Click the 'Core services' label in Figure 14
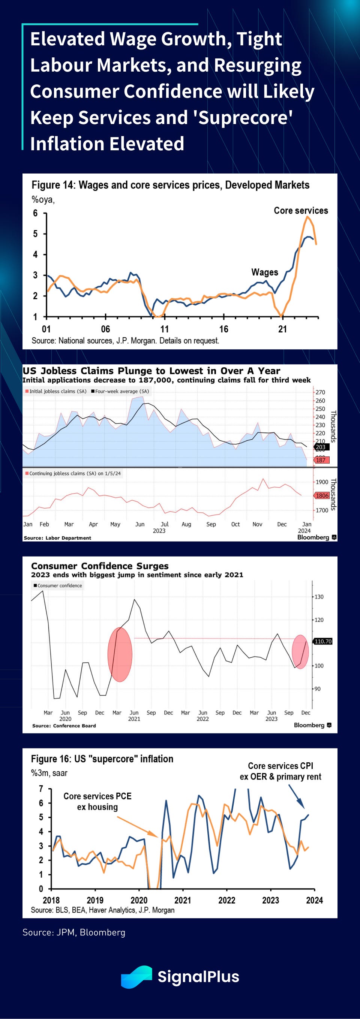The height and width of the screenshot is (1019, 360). (x=301, y=211)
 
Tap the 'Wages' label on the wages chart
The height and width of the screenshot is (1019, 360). (x=265, y=272)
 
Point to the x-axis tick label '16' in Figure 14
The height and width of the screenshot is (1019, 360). (x=223, y=329)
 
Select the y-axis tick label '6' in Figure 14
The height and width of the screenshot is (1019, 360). (x=35, y=213)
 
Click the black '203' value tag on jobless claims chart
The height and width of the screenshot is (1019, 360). (x=321, y=447)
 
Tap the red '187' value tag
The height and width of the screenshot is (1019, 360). (x=321, y=460)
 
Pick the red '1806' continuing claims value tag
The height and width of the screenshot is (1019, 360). (x=322, y=495)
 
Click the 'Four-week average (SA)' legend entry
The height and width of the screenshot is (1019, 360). (x=120, y=391)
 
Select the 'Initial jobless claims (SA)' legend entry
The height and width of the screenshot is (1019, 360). (x=56, y=391)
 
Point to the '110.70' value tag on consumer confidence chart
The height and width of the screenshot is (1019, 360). (x=323, y=641)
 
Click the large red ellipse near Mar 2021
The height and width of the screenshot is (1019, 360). (x=120, y=654)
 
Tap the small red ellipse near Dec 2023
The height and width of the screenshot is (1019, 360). (x=300, y=651)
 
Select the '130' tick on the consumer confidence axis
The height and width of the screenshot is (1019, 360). (x=319, y=597)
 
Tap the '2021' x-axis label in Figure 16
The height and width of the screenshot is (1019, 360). (x=183, y=900)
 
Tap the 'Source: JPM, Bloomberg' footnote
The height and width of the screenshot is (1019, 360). (x=74, y=932)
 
